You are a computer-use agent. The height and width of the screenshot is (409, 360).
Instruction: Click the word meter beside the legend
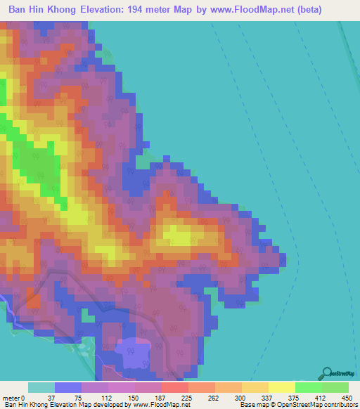11,397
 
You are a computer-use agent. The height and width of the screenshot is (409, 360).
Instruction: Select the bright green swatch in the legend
309,387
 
